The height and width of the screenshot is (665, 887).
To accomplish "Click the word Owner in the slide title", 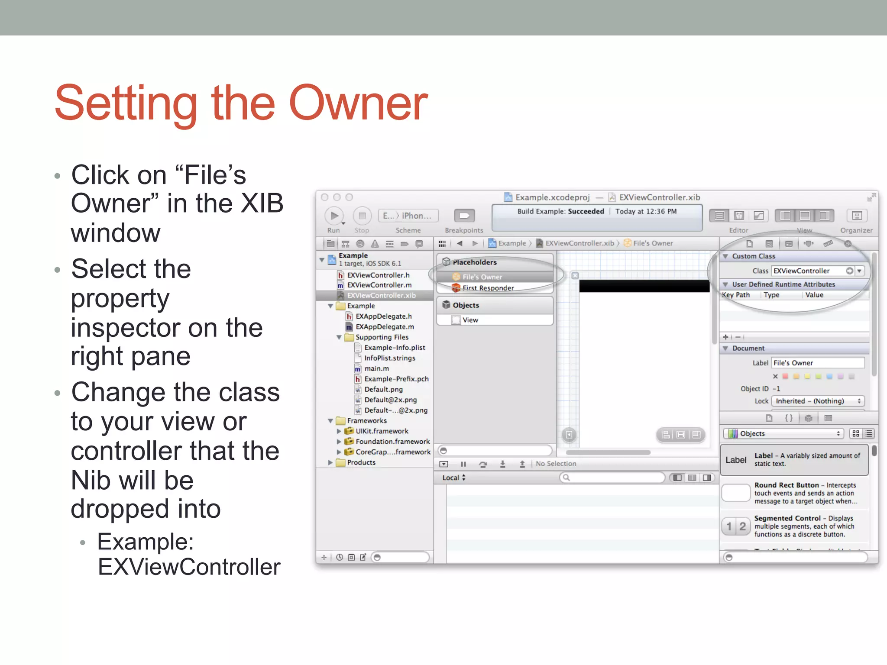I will click(x=358, y=104).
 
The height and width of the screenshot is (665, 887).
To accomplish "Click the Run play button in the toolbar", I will click(x=333, y=216).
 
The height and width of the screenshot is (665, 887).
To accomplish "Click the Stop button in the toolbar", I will click(x=362, y=216).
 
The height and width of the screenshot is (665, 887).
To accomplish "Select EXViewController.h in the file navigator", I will click(x=378, y=275).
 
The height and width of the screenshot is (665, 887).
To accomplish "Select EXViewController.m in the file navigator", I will click(x=379, y=285).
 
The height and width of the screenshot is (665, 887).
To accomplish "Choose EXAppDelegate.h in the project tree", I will click(x=383, y=316).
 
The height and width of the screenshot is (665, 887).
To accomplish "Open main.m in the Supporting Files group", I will click(x=376, y=368).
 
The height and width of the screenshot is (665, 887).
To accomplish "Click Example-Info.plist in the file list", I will click(x=394, y=348).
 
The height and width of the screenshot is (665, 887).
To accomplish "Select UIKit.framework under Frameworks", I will click(x=382, y=431).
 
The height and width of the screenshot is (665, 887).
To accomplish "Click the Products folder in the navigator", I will click(x=361, y=462).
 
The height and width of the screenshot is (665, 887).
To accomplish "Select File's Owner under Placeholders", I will click(x=482, y=277).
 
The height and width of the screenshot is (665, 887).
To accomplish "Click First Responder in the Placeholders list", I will click(x=488, y=288).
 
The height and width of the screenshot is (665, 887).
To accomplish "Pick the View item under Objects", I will click(x=470, y=320).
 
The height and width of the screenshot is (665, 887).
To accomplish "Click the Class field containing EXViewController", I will click(x=808, y=271).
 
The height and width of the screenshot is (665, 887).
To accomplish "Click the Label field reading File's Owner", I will click(x=818, y=363).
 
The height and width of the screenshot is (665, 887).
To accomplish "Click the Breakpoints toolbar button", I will click(x=464, y=216).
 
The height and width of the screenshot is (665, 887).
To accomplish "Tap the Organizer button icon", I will click(x=856, y=216).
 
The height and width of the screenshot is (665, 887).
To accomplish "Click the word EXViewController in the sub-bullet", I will click(x=189, y=567).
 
